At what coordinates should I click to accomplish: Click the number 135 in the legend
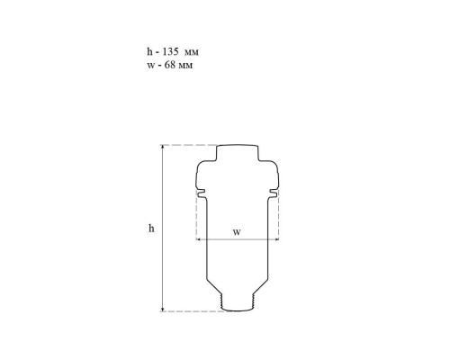(170, 51)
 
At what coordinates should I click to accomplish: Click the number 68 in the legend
(170, 65)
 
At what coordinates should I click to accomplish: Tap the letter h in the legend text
(149, 51)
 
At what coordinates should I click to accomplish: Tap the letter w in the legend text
(150, 66)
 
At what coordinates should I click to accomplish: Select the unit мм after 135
(192, 53)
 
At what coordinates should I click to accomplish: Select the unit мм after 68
(185, 66)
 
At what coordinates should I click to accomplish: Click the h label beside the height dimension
(151, 229)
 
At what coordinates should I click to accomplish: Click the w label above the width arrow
(237, 232)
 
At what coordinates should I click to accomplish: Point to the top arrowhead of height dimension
(163, 147)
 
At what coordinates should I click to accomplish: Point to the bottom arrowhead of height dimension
(163, 310)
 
